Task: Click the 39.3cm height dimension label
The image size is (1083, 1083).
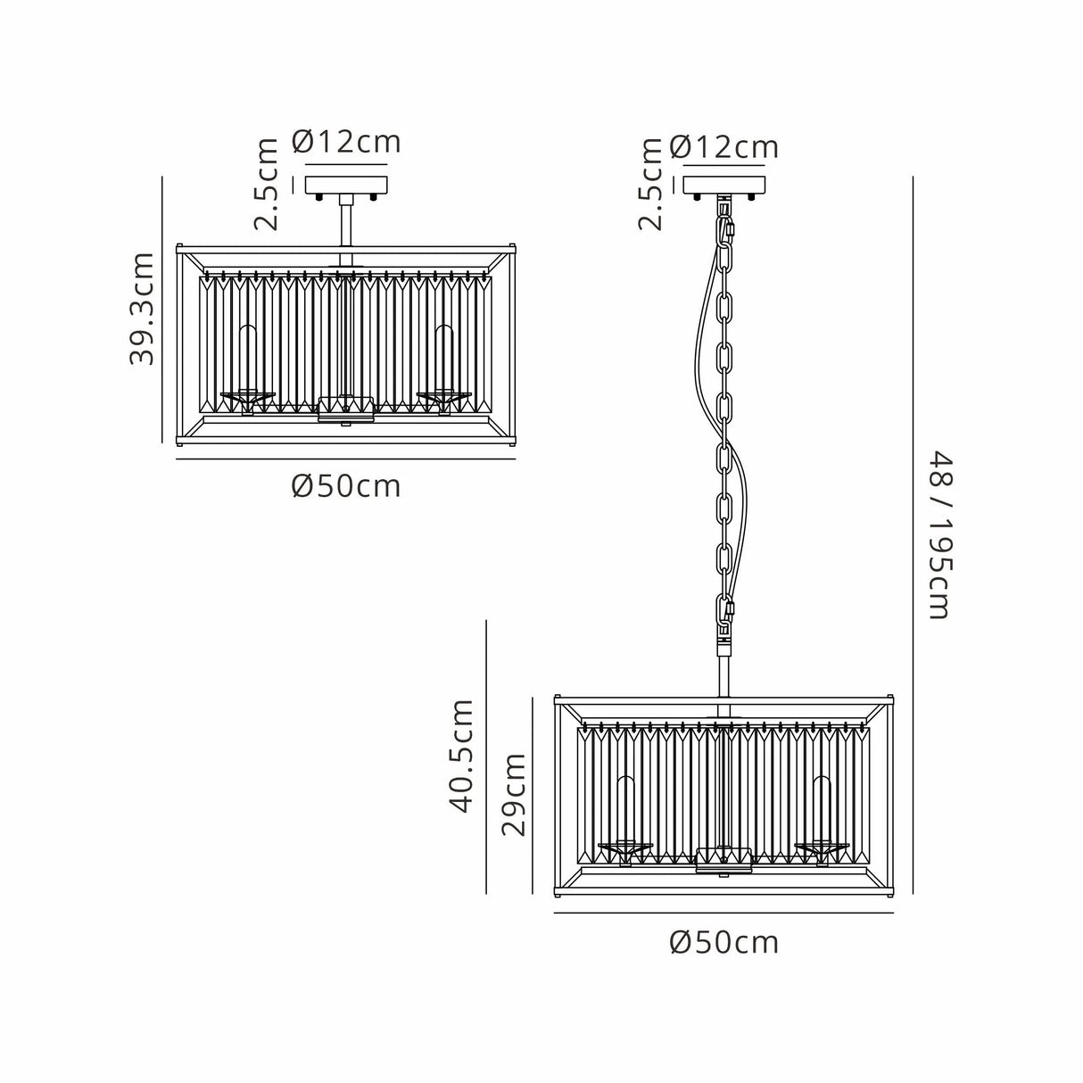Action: (x=142, y=308)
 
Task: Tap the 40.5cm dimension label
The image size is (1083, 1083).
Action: (x=462, y=756)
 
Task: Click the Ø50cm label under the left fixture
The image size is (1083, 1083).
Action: (x=346, y=486)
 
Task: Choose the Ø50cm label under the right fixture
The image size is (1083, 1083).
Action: (x=724, y=942)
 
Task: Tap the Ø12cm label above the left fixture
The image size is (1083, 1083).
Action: (x=346, y=142)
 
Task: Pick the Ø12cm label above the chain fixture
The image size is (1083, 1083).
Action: (x=724, y=147)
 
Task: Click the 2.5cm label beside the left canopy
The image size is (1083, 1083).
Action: (x=266, y=184)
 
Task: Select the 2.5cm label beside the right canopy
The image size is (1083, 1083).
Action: (x=651, y=184)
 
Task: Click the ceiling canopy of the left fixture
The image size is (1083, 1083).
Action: (x=346, y=186)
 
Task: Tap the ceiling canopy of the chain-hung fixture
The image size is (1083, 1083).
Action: (x=724, y=186)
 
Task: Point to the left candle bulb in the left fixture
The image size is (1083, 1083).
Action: (x=248, y=358)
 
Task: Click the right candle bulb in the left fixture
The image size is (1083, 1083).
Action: (x=444, y=358)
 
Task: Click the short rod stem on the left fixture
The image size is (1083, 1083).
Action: (x=345, y=223)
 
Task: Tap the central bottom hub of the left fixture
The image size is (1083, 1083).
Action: (x=346, y=409)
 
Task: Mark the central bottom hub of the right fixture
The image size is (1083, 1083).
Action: (x=723, y=861)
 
